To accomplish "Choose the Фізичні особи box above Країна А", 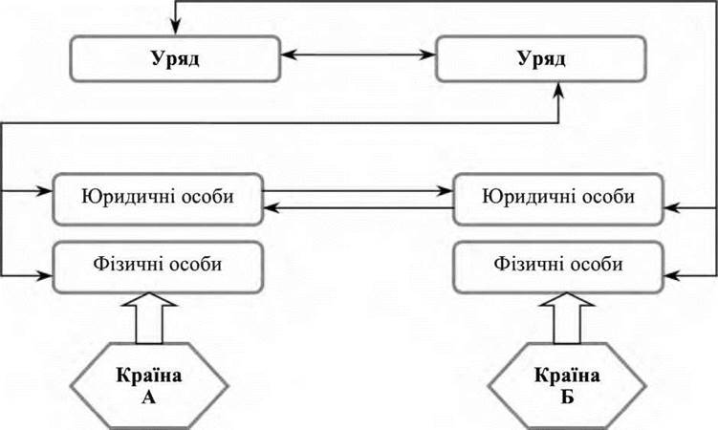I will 150,263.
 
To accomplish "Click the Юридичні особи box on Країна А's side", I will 158,199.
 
